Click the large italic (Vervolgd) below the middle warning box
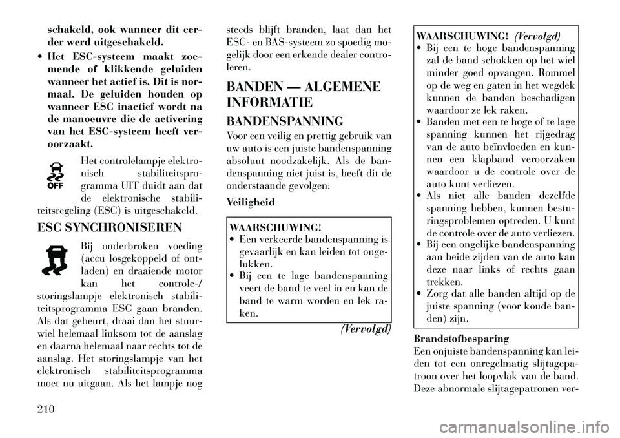tap(366, 328)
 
